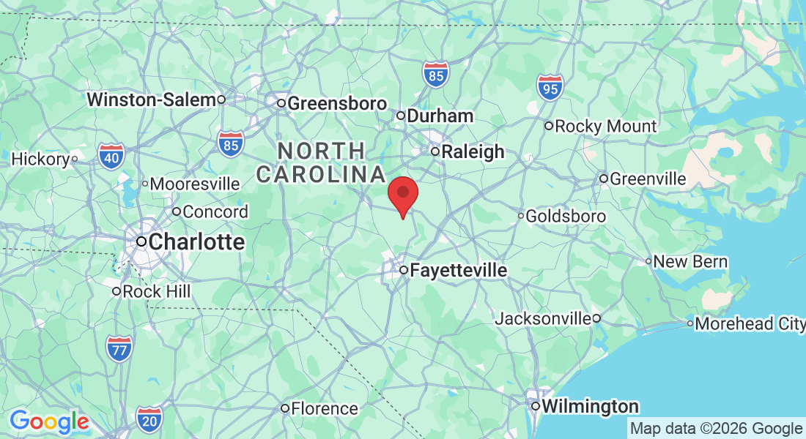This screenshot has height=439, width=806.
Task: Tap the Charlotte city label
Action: click(x=196, y=242)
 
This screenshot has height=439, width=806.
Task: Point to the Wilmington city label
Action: click(x=590, y=407)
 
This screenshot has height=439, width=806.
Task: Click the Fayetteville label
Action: click(x=459, y=271)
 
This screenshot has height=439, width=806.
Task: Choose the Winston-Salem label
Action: click(x=152, y=100)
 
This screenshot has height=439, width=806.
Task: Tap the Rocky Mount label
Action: click(x=605, y=127)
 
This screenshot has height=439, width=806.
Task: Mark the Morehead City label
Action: click(x=749, y=323)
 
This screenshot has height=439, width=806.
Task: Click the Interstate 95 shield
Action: click(x=550, y=88)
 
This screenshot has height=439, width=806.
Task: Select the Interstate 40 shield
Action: click(x=111, y=156)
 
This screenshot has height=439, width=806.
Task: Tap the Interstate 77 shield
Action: click(x=119, y=348)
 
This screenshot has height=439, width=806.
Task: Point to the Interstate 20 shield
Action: click(x=149, y=419)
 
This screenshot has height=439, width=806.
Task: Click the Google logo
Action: click(x=49, y=422)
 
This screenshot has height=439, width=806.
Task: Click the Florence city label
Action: click(x=325, y=409)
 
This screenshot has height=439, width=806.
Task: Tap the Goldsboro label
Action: click(x=566, y=217)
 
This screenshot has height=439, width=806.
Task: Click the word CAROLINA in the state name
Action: click(x=320, y=175)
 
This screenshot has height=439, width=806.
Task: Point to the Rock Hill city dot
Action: click(x=116, y=292)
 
